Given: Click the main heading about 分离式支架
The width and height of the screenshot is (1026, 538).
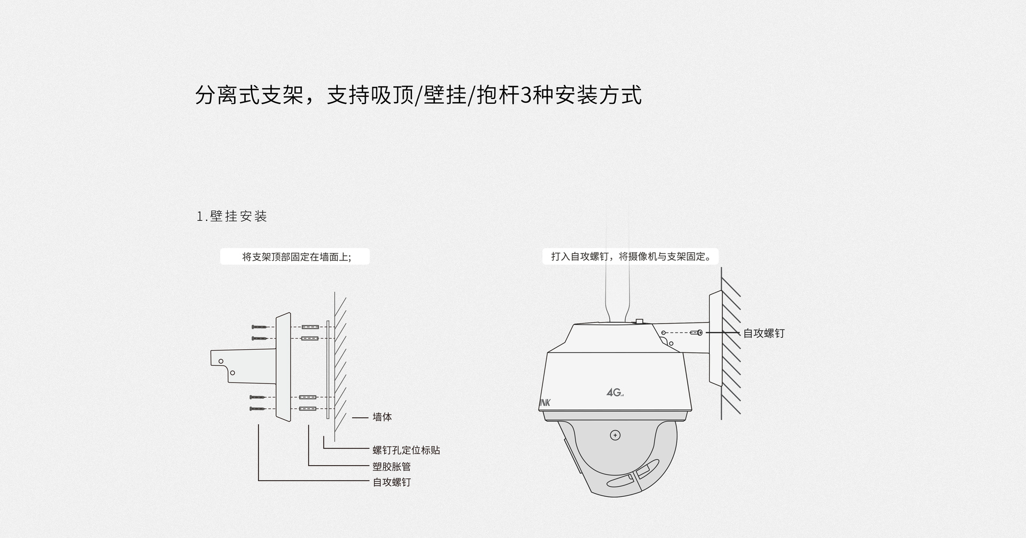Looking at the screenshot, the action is pyautogui.click(x=418, y=95).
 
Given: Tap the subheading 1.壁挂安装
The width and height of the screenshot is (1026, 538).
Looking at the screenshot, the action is pyautogui.click(x=232, y=216).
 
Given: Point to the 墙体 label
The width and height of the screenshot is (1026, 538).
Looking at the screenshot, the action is pyautogui.click(x=382, y=417).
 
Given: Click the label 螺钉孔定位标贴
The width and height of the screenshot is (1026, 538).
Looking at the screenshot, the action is pyautogui.click(x=406, y=450).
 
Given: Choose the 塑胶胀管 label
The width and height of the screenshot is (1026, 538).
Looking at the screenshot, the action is pyautogui.click(x=392, y=466).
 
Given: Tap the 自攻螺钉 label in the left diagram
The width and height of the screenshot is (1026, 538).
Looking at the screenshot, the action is pyautogui.click(x=392, y=482).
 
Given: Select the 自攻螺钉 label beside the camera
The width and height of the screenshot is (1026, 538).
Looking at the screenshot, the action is pyautogui.click(x=764, y=333).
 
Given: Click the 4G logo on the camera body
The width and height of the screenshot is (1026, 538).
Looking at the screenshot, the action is pyautogui.click(x=615, y=393).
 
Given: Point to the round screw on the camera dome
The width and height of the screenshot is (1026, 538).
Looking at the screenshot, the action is pyautogui.click(x=615, y=435).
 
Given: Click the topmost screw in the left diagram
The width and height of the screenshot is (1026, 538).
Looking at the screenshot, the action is pyautogui.click(x=259, y=327).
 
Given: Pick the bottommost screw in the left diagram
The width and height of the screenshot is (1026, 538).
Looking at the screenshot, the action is pyautogui.click(x=258, y=409).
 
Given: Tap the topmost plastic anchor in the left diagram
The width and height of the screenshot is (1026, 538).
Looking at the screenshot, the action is pyautogui.click(x=310, y=327).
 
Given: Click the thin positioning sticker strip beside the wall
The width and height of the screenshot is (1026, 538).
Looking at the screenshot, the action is pyautogui.click(x=328, y=369).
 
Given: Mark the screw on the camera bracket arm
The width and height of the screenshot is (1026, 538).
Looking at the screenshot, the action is pyautogui.click(x=696, y=333).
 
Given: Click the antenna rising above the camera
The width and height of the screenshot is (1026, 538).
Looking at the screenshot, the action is pyautogui.click(x=618, y=267).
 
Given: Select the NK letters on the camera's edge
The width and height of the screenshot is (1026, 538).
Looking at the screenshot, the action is pyautogui.click(x=545, y=403).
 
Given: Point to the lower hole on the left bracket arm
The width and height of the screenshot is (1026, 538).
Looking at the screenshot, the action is pyautogui.click(x=232, y=372).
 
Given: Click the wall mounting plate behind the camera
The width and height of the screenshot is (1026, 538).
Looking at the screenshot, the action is pyautogui.click(x=716, y=338).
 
